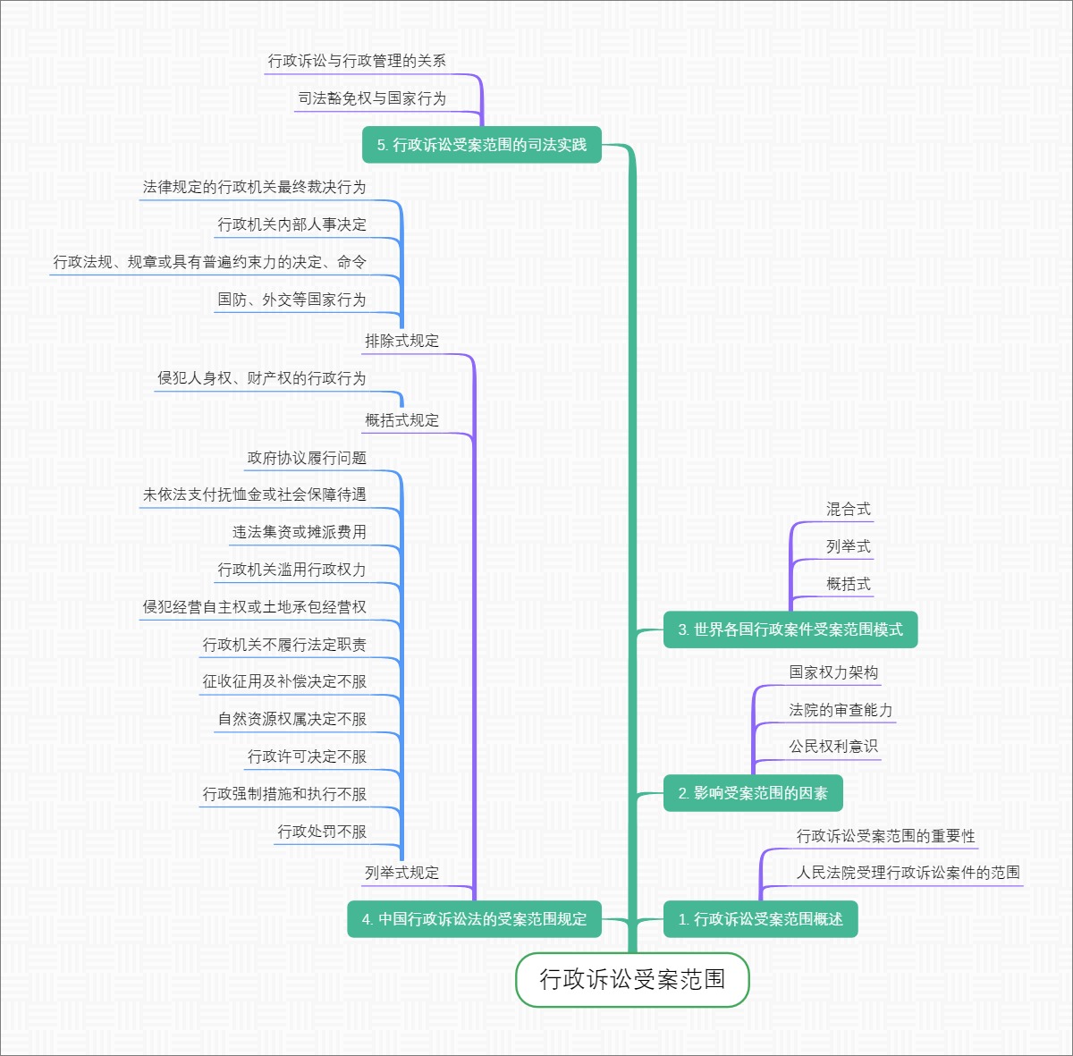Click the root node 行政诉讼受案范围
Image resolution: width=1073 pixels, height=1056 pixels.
632,980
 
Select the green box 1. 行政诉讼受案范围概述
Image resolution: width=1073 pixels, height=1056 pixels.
760,919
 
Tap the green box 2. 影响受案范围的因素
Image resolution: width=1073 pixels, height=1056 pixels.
753,793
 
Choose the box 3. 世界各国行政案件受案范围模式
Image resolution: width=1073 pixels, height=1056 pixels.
790,629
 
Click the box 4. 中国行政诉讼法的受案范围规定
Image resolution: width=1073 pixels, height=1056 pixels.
474,919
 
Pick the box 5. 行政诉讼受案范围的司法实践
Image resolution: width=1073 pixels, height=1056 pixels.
481,145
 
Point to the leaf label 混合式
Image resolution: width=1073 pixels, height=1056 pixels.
848,510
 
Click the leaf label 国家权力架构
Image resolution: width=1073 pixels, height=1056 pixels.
833,672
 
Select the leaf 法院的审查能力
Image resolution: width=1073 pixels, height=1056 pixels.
841,710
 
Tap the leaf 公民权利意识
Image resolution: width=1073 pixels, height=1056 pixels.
833,747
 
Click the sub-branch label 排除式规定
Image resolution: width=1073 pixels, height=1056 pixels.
401,341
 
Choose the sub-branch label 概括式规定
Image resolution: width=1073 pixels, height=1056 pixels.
401,420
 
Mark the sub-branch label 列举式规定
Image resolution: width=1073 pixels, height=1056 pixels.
401,873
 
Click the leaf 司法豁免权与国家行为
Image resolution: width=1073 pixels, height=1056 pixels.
372,98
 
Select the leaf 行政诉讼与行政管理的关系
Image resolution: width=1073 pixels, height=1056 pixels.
357,61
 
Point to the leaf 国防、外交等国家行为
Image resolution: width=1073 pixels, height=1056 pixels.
291,300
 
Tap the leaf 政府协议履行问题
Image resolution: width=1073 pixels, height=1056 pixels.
307,458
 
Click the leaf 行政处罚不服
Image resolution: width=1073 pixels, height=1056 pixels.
322,832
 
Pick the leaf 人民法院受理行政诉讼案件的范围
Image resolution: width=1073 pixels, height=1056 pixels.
908,873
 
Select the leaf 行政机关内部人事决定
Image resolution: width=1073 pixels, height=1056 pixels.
291,224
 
